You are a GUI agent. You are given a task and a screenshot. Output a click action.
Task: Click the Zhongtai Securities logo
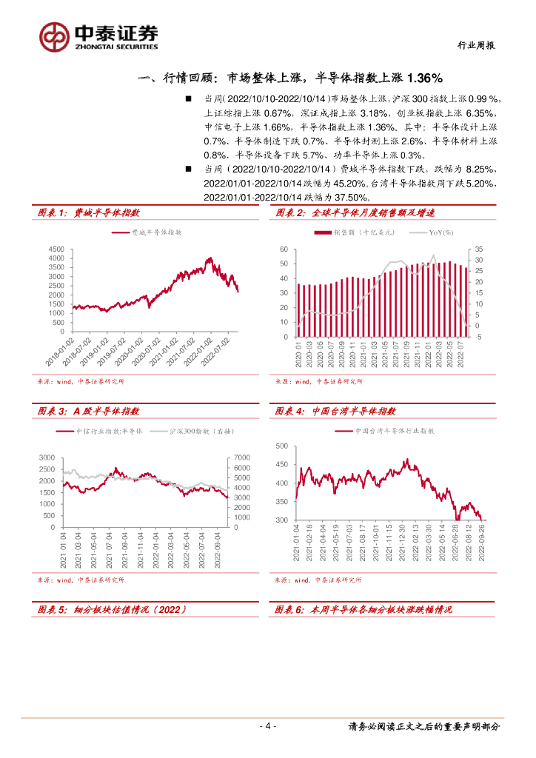pyautogui.click(x=99, y=35)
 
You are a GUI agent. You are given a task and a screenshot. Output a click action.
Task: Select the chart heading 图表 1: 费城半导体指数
pyautogui.click(x=87, y=213)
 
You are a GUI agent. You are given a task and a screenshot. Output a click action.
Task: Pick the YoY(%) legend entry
pyautogui.click(x=440, y=232)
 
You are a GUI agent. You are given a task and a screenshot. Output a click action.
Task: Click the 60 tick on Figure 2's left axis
pyautogui.click(x=284, y=249)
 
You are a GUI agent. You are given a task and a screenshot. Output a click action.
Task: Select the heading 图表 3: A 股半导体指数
pyautogui.click(x=88, y=411)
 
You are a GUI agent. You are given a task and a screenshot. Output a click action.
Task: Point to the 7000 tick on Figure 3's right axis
pyautogui.click(x=243, y=457)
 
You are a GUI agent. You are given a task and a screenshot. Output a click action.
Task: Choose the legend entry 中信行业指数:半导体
pyautogui.click(x=108, y=431)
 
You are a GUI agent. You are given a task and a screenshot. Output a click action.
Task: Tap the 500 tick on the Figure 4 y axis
pyautogui.click(x=281, y=446)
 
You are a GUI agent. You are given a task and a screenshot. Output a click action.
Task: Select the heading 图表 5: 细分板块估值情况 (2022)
pyautogui.click(x=111, y=609)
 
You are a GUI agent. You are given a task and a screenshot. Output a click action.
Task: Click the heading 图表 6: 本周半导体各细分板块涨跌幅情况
pyautogui.click(x=363, y=609)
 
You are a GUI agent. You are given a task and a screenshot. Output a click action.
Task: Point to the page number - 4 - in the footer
pyautogui.click(x=268, y=726)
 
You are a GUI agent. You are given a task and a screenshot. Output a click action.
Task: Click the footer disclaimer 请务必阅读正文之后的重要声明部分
pyautogui.click(x=423, y=726)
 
